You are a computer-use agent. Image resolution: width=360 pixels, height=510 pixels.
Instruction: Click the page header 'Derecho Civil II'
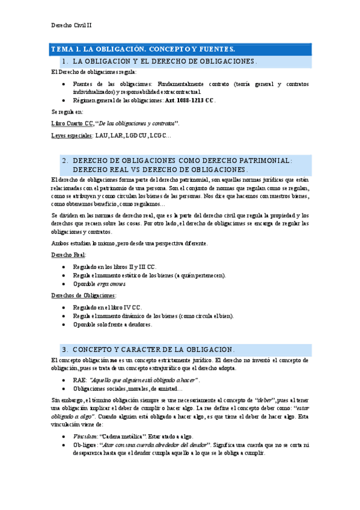[x=71, y=25]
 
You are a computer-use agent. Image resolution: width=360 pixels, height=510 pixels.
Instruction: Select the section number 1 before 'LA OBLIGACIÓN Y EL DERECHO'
[x=64, y=61]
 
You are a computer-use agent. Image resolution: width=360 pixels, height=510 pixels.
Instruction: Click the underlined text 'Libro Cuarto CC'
[x=72, y=123]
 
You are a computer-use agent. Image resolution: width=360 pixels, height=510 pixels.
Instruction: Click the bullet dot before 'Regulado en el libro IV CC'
[x=64, y=307]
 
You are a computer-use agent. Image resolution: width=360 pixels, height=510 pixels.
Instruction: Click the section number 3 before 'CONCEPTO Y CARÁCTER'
[x=64, y=349]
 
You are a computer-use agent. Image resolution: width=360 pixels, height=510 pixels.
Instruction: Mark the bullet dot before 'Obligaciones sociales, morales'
[x=64, y=390]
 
